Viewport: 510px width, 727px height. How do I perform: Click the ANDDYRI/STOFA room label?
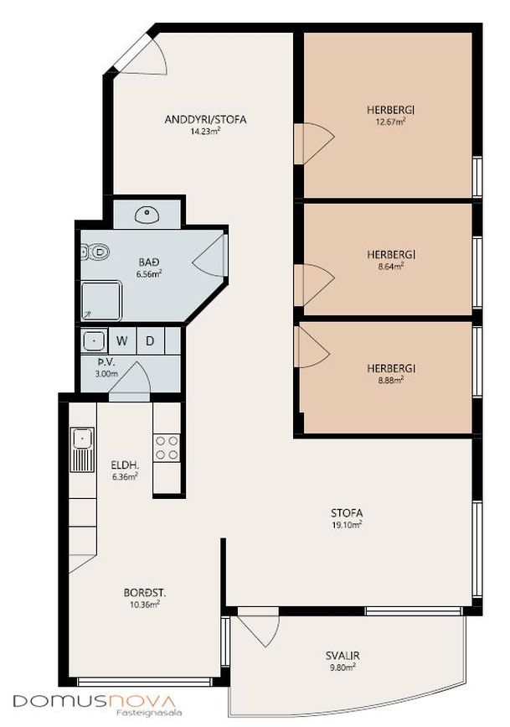[205, 120]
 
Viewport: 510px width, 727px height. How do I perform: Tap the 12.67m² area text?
[391, 122]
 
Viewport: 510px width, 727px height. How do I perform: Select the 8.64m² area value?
[391, 266]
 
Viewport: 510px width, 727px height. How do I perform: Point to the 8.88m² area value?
[390, 380]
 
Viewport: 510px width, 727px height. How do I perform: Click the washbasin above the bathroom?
[147, 214]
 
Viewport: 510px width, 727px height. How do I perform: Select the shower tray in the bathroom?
[101, 300]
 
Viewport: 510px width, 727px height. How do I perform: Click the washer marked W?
[122, 340]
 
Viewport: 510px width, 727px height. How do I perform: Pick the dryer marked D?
[150, 340]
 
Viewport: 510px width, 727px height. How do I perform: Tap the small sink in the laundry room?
[95, 340]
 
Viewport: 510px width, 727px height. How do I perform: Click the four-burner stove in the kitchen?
[167, 448]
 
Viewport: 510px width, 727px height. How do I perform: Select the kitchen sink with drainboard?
[82, 449]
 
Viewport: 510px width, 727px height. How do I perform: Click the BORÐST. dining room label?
[145, 593]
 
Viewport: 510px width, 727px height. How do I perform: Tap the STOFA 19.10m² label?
[347, 518]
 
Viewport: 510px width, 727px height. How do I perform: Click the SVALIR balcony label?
[343, 656]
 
